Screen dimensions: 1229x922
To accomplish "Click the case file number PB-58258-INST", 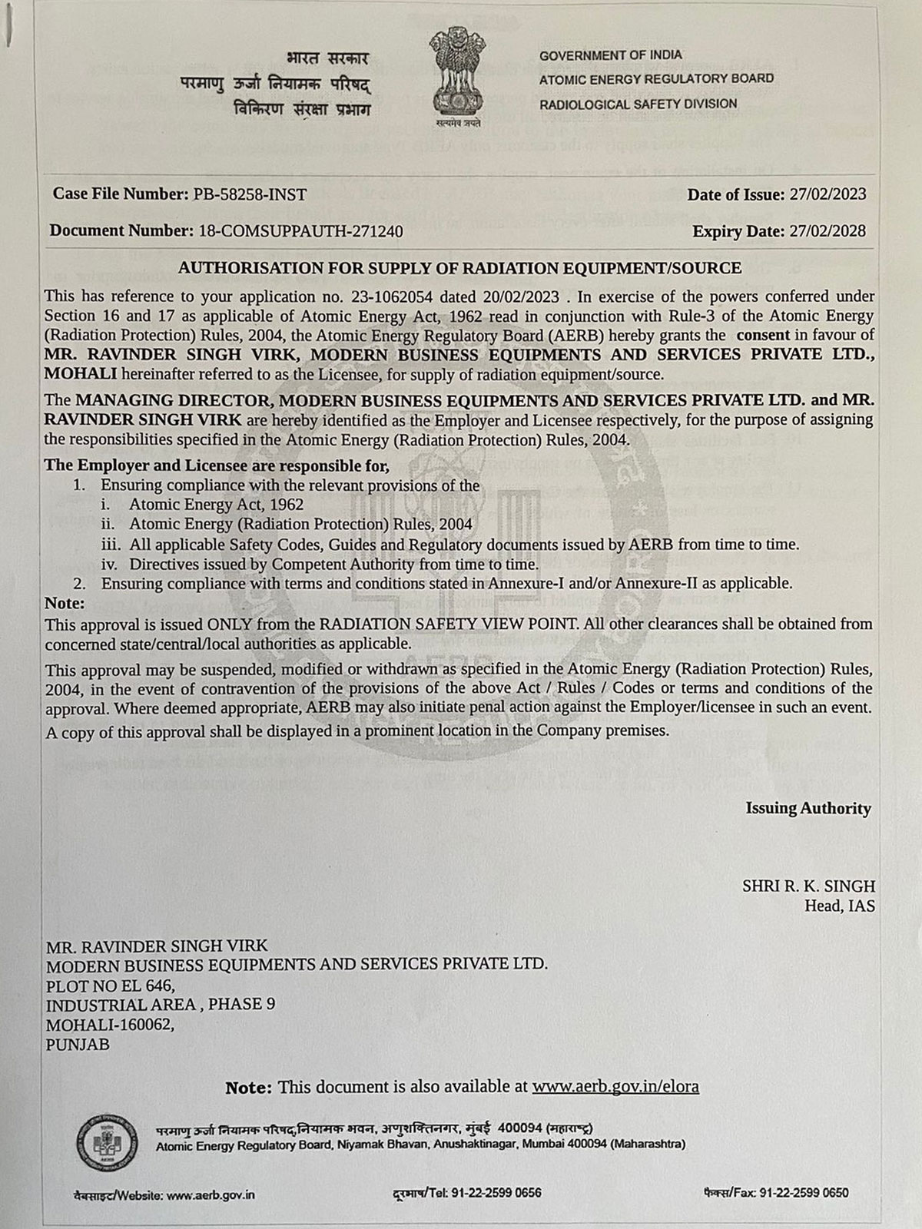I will point(247,194).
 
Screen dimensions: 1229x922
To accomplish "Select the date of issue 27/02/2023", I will point(827,194).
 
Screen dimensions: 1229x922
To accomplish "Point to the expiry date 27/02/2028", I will point(827,231).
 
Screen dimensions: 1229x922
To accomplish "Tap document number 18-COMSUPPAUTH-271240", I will point(300,231).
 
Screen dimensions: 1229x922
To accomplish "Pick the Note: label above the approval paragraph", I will point(65,603).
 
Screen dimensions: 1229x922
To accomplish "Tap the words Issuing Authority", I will point(808,808).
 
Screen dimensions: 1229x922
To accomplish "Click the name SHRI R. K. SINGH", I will point(808,886).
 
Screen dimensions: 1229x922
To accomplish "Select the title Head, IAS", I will point(839,906).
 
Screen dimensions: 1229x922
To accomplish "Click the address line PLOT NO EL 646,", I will point(111,985).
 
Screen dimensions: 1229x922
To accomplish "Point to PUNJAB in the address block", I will point(78,1045).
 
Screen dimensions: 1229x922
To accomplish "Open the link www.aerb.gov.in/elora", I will point(615,1087).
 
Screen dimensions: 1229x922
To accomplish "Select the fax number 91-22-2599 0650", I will point(804,1193).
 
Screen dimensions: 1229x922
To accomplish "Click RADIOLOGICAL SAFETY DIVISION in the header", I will point(638,104).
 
